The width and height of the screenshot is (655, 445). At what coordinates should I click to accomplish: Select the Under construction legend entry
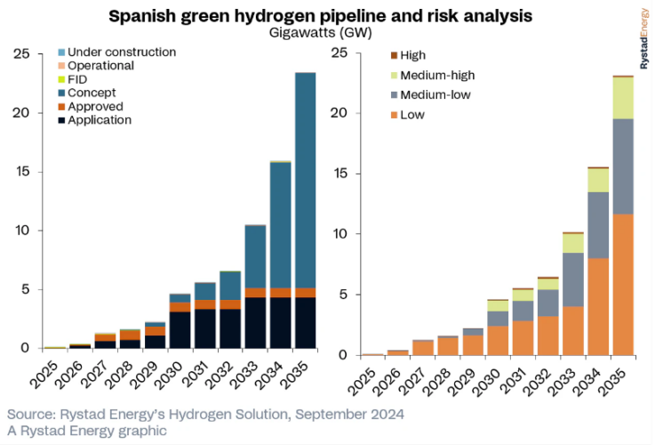(x=116, y=52)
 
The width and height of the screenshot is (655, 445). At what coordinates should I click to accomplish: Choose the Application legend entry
(x=100, y=120)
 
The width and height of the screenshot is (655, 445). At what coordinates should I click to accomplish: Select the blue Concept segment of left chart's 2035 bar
(x=306, y=178)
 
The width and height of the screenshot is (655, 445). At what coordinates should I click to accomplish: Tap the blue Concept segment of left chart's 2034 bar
(x=281, y=222)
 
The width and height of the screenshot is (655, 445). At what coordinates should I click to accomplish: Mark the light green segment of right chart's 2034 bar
(x=597, y=180)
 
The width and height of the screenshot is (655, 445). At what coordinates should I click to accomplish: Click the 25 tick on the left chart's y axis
(x=24, y=54)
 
